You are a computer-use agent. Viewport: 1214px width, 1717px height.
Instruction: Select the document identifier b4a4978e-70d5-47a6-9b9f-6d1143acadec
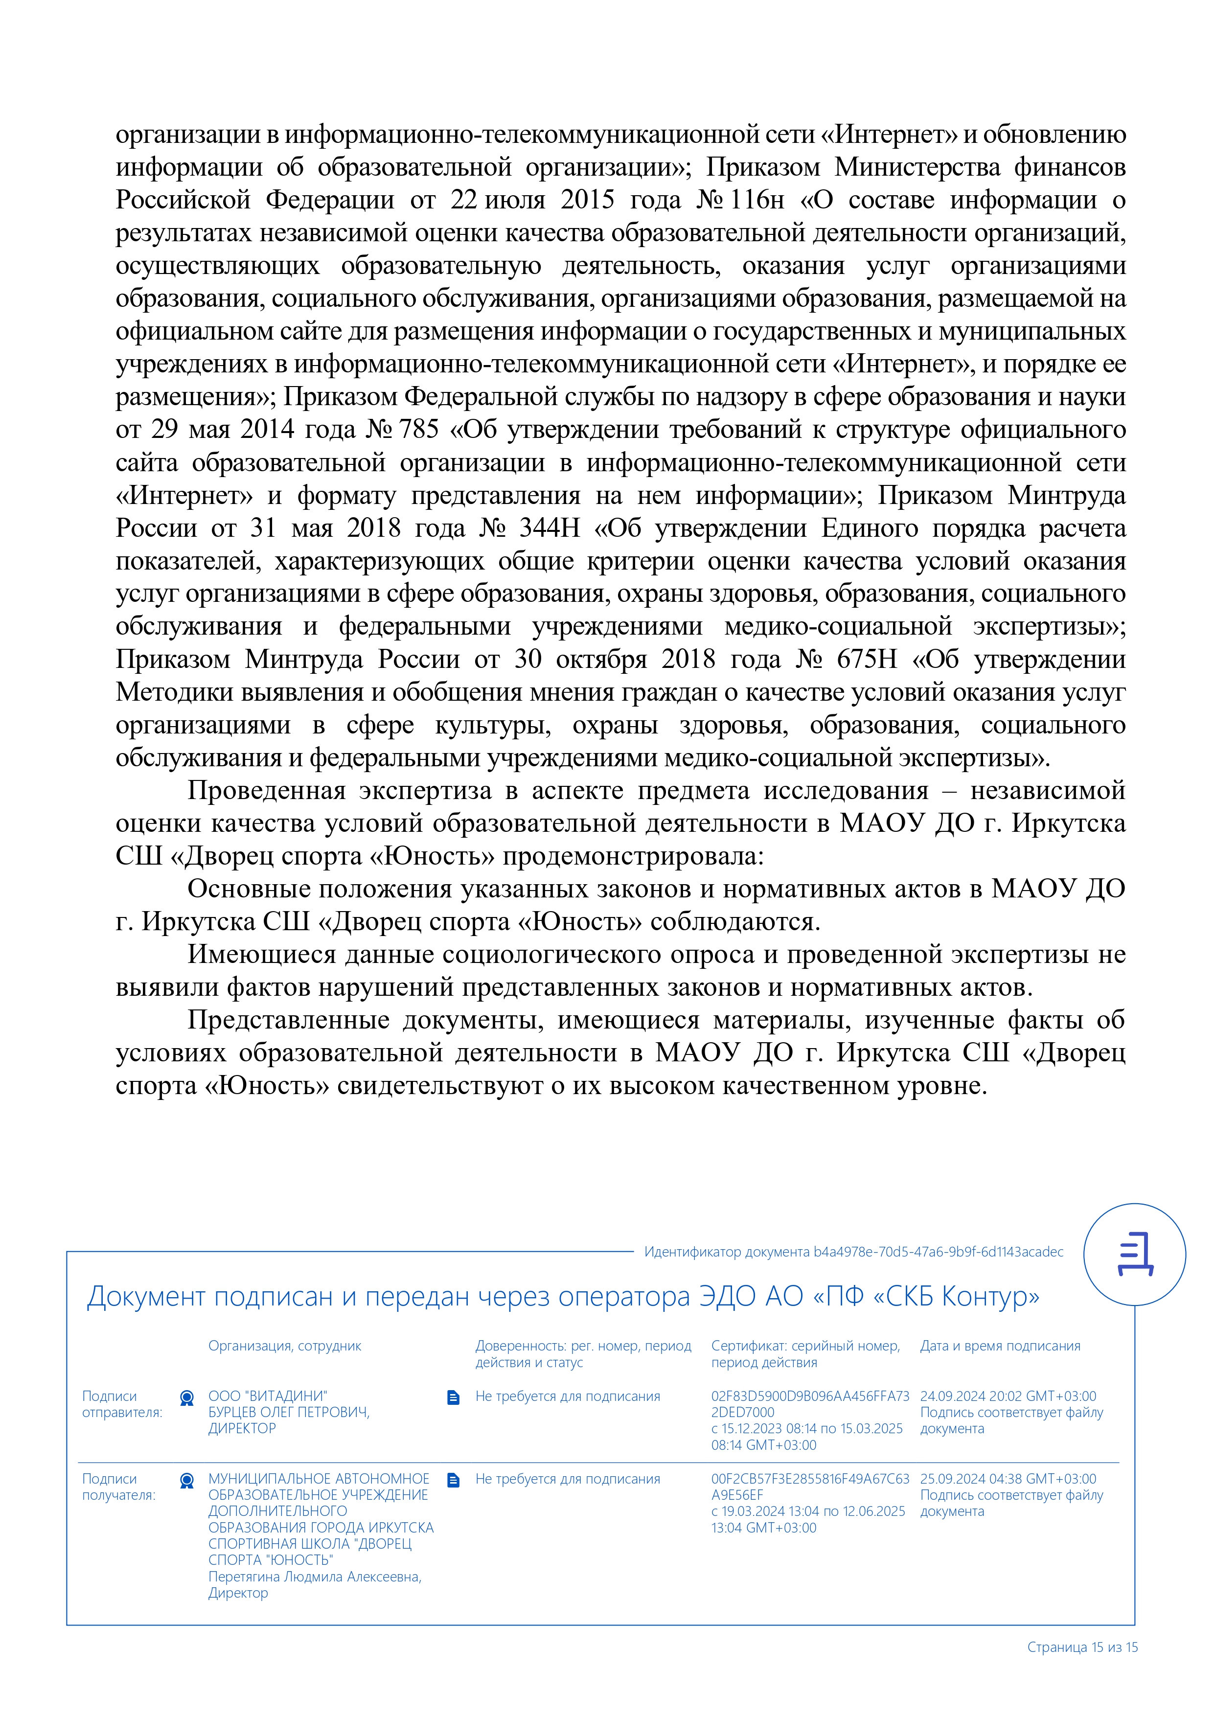click(938, 1252)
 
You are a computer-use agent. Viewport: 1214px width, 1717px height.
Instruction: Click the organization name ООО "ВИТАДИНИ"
click(268, 1396)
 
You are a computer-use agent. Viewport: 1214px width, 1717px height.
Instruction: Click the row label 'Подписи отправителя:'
click(122, 1404)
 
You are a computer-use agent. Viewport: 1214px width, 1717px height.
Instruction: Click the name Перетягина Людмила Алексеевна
click(314, 1577)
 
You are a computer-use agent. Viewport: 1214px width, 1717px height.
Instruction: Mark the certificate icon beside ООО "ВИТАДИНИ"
click(187, 1397)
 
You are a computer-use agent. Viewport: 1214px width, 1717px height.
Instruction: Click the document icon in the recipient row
click(453, 1480)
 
